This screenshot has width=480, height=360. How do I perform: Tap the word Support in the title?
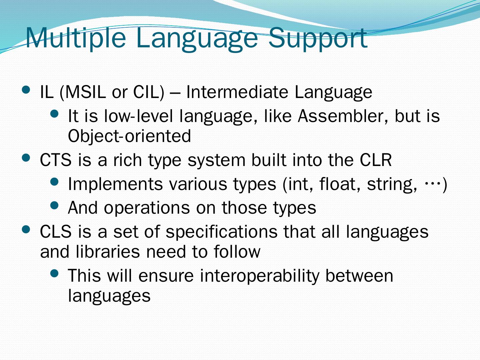click(318, 39)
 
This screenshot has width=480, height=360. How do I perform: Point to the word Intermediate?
click(237, 92)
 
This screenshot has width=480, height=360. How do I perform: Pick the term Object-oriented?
click(129, 136)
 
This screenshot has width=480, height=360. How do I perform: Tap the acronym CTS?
click(56, 160)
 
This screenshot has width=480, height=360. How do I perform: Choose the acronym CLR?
click(376, 160)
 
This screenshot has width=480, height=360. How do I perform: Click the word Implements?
click(115, 184)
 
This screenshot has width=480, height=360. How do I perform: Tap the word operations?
click(147, 208)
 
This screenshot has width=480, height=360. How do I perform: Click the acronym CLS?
click(56, 232)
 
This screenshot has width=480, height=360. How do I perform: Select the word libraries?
click(108, 252)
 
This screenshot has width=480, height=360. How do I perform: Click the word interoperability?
click(259, 276)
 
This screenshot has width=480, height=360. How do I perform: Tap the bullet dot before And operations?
click(54, 205)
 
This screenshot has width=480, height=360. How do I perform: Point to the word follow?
click(237, 252)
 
